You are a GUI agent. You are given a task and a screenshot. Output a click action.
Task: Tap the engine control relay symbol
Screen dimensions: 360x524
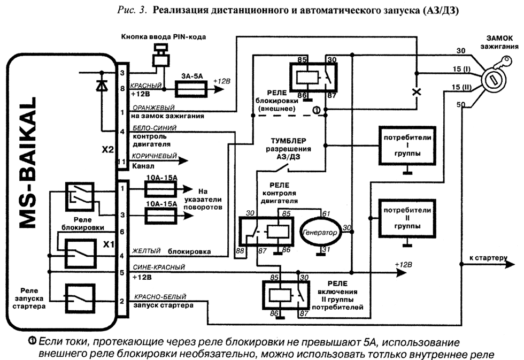[266, 231]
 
